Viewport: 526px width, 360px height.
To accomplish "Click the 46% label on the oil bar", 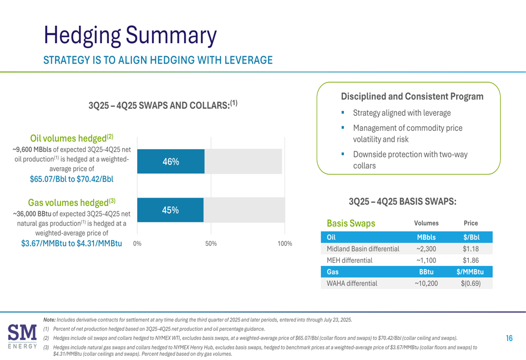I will point(171,162).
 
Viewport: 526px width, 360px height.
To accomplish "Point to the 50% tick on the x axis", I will point(211,244).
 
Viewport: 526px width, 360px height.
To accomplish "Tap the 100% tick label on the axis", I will point(285,244).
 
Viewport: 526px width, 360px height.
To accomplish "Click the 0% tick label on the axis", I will point(137,244).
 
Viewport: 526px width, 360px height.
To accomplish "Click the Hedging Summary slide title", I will point(130,35).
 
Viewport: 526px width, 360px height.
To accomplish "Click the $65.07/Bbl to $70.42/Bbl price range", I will point(72,179).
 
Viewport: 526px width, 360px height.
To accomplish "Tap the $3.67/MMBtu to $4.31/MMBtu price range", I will point(72,243).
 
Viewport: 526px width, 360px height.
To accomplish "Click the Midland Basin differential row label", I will point(363,249).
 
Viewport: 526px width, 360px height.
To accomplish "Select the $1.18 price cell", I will point(470,249).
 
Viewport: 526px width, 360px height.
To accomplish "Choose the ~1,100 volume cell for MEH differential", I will point(426,260).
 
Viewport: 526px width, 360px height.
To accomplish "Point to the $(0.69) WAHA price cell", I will point(470,283).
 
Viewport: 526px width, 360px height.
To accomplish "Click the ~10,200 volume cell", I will point(426,283).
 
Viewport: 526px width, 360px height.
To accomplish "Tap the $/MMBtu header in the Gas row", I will point(470,272).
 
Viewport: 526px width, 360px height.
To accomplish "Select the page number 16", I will point(509,338).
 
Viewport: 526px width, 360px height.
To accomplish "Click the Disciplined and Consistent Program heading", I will point(412,97).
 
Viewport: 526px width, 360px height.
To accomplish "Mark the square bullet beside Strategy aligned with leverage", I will point(342,112).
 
